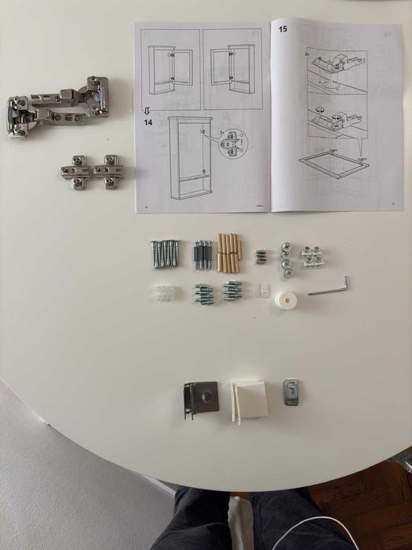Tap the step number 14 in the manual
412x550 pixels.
[x=148, y=122]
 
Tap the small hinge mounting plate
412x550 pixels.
[x=91, y=170]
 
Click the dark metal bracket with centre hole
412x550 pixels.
[x=202, y=398]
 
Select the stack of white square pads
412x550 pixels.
[x=248, y=400]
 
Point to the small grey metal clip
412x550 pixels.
[x=291, y=392]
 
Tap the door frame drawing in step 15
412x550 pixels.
[x=334, y=166]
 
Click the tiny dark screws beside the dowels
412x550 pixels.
[x=261, y=256]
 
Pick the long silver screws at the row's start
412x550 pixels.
[x=165, y=253]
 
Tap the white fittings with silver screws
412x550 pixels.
[x=313, y=256]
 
